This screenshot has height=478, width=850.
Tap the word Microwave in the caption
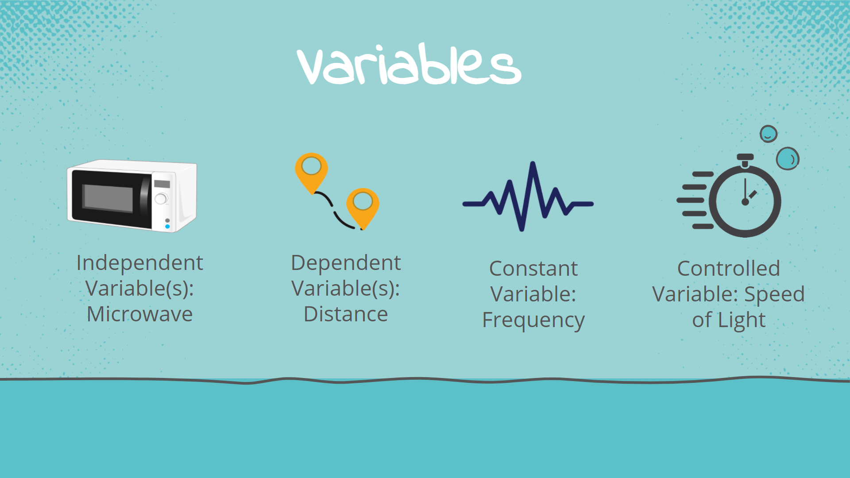tap(139, 314)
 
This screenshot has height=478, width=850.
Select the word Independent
tap(139, 263)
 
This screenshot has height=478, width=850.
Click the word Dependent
tap(346, 263)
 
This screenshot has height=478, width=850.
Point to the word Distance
tap(346, 314)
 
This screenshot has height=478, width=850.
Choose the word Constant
tap(533, 269)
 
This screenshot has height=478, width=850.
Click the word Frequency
tap(533, 320)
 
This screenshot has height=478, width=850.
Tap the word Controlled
tap(728, 269)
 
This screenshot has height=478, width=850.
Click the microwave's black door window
tap(108, 198)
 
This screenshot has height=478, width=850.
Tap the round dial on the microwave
tap(161, 199)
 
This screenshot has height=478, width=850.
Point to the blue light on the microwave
tap(167, 227)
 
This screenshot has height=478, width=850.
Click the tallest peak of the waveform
tap(533, 165)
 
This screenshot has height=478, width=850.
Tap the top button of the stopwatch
tap(745, 158)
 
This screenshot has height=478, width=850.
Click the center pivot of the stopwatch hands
tap(745, 202)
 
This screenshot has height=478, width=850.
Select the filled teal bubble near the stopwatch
tap(787, 159)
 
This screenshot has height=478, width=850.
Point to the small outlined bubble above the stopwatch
tap(768, 134)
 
